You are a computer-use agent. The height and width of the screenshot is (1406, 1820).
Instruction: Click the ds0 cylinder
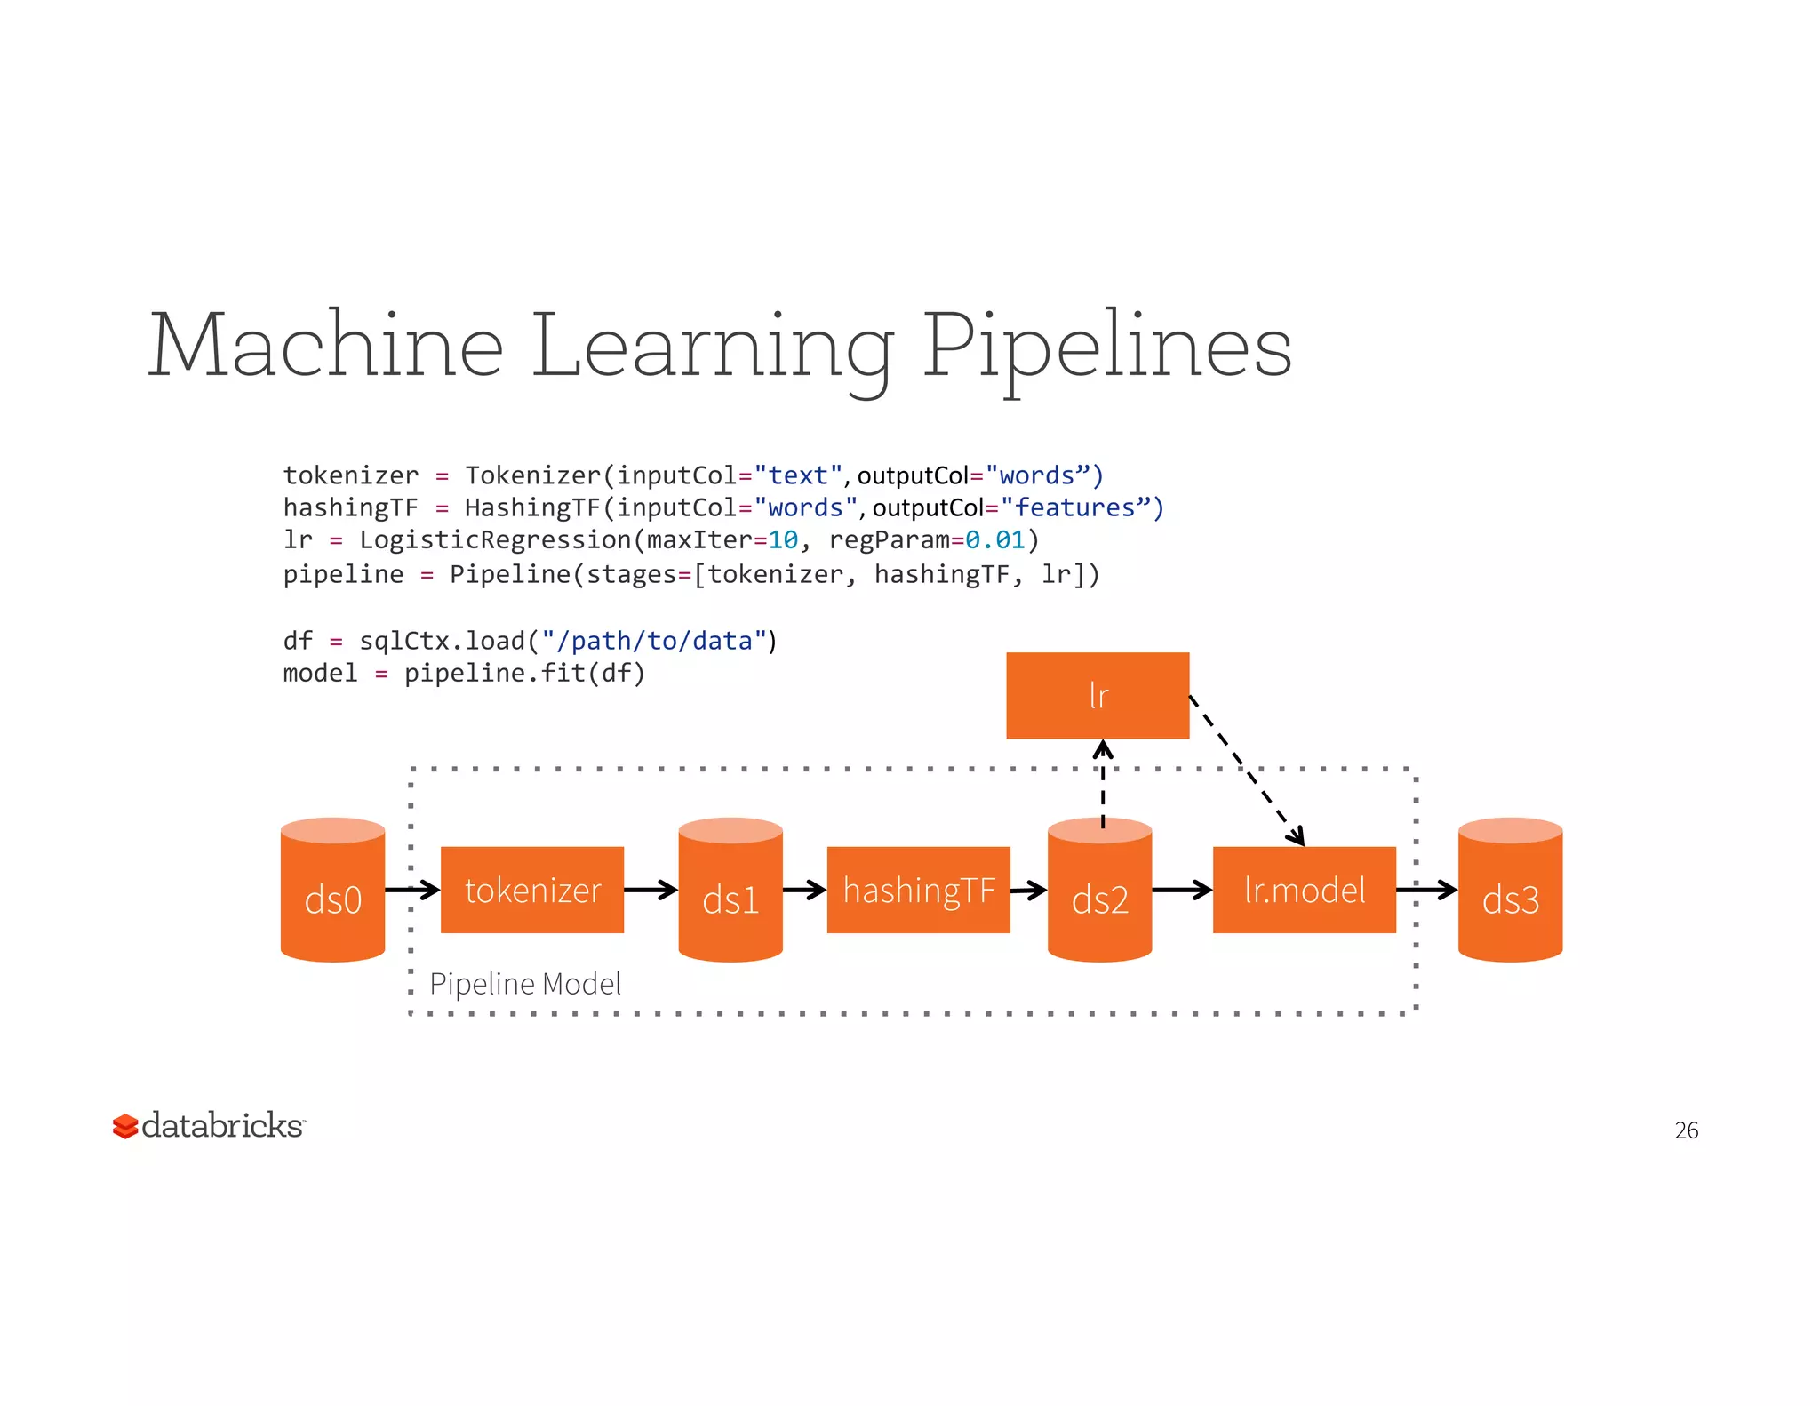pos(332,891)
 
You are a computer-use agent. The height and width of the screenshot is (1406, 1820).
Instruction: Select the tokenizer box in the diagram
pos(531,890)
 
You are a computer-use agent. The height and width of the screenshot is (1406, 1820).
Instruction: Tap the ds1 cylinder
pos(730,891)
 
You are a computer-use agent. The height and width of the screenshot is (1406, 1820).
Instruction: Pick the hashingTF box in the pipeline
pos(918,890)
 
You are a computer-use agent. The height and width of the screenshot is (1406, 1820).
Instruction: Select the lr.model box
pos(1304,890)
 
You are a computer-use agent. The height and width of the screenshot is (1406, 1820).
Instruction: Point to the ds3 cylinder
pos(1510,891)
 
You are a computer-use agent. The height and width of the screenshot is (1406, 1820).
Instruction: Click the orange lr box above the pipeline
pos(1098,695)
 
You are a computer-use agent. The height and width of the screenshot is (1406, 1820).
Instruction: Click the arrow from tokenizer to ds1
pos(651,890)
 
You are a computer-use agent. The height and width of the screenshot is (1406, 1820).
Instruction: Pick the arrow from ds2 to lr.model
pos(1182,890)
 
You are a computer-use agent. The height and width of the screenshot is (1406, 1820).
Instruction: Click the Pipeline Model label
pos(525,984)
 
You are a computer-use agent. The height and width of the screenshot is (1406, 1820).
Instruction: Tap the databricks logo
pos(209,1125)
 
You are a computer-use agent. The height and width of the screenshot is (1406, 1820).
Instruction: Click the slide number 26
pos(1686,1130)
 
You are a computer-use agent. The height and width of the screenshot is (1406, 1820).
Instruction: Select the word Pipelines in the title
pos(1106,347)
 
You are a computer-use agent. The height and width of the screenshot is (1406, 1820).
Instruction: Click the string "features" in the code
pos(1074,507)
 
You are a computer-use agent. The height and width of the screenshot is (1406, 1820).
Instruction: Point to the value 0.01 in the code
pos(995,540)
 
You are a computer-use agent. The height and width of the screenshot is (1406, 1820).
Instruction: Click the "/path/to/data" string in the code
pos(653,641)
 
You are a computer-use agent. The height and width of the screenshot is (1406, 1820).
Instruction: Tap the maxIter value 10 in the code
pos(783,540)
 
